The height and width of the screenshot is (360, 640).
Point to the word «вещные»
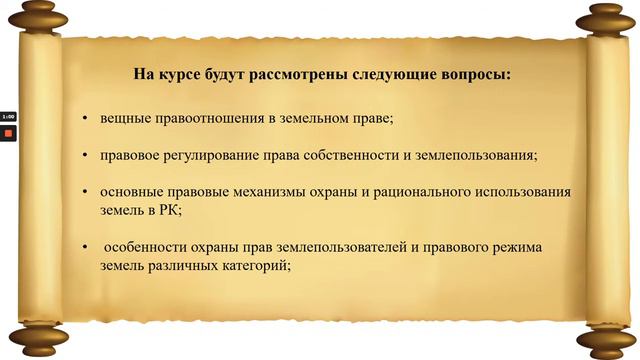pyautogui.click(x=123, y=119)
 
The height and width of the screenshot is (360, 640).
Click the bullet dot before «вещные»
pyautogui.click(x=85, y=120)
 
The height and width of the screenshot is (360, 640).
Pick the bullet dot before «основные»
pyautogui.click(x=85, y=192)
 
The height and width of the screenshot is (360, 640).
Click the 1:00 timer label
pyautogui.click(x=7, y=116)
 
